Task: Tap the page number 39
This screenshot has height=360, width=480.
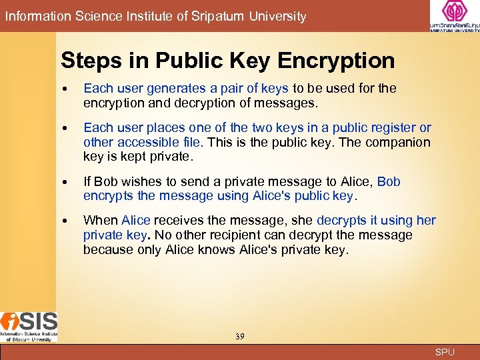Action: click(x=239, y=337)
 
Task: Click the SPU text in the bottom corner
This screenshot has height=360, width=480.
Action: click(x=445, y=351)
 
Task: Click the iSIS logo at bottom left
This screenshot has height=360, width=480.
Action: click(x=29, y=326)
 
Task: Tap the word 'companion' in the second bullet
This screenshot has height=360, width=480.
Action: click(x=397, y=142)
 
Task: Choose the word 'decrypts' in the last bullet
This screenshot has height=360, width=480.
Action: click(x=342, y=220)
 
